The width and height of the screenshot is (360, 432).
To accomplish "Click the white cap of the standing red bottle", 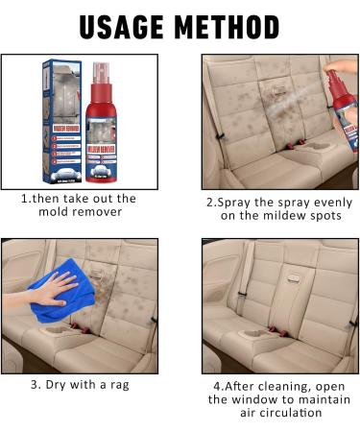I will (101, 73).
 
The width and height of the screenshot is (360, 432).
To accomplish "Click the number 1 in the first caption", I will (25, 199).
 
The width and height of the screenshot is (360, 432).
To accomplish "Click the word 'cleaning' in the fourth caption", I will (280, 384).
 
